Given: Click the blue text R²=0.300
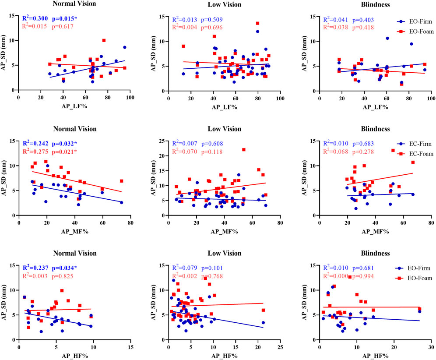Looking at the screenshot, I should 35,19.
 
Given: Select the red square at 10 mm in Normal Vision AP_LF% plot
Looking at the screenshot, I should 104,40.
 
